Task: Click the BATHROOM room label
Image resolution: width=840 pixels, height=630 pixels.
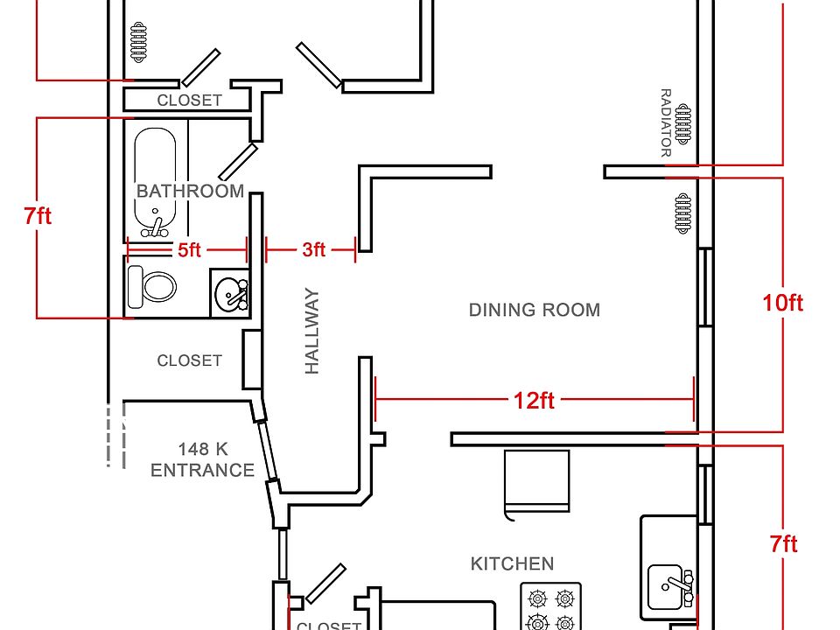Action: point(190,192)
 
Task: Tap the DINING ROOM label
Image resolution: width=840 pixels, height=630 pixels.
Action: point(534,310)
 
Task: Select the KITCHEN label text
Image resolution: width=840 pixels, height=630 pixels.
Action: point(512,563)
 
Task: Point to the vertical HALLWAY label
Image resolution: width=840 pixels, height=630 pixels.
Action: point(311,331)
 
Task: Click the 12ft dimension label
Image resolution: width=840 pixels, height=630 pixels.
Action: point(534,400)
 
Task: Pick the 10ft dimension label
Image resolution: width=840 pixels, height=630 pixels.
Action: point(782,303)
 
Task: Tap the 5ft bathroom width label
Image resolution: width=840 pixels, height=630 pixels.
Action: point(189,249)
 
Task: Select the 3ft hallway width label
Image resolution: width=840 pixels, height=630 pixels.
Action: point(314,249)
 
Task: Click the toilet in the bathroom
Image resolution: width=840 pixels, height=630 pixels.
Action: point(152,287)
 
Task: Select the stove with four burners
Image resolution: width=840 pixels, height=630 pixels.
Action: point(550,606)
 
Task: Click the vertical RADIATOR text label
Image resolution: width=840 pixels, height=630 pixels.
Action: point(665,122)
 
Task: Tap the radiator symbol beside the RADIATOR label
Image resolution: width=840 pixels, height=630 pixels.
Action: point(683,124)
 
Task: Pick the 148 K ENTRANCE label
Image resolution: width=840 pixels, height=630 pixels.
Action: point(202,459)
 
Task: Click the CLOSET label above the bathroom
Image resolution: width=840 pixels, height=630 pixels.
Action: point(189,100)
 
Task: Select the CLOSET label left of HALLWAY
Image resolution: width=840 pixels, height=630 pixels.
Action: point(189,360)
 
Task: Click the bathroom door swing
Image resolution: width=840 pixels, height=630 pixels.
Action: point(238,162)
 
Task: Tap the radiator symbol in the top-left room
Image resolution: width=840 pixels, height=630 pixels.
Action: point(138,42)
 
